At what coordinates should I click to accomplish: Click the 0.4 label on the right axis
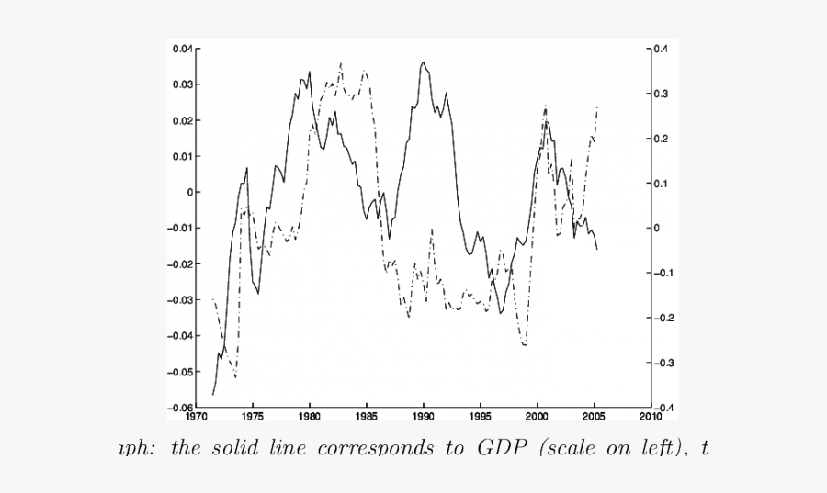tap(663, 49)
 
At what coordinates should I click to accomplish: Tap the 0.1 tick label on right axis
tap(663, 183)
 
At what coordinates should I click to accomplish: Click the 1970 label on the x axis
tap(196, 416)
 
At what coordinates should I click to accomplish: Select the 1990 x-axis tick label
tap(424, 416)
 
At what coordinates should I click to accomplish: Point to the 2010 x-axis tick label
tap(651, 416)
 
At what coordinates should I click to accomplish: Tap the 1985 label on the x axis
tap(367, 416)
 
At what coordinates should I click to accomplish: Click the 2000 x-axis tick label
tap(538, 416)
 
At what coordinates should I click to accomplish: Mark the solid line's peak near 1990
tap(423, 62)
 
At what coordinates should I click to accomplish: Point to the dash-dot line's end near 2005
tap(597, 106)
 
